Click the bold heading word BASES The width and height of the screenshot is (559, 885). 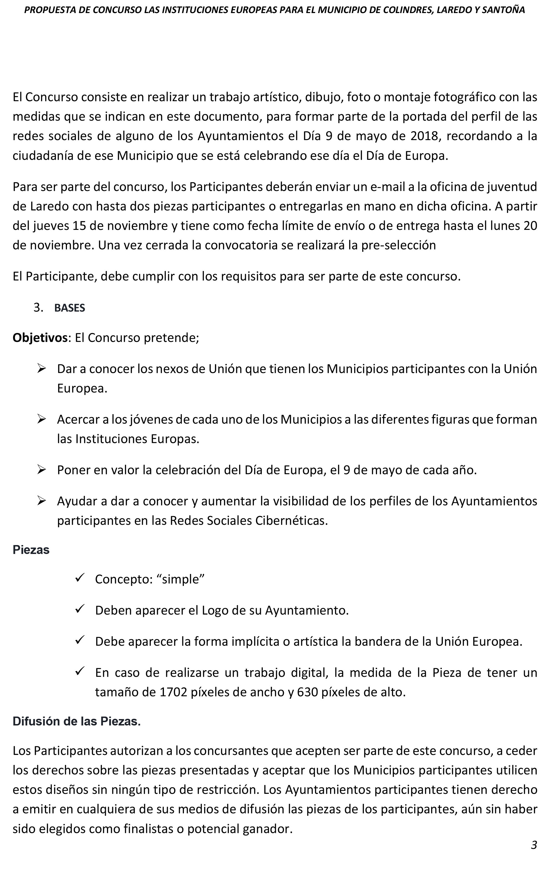point(69,308)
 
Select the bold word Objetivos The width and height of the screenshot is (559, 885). point(40,337)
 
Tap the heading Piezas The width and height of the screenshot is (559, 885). point(31,550)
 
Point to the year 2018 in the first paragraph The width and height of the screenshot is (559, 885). point(424,136)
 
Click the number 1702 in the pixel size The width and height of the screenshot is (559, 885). point(174,692)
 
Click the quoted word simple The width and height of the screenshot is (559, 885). point(180,579)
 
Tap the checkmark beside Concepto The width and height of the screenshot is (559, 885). point(80,578)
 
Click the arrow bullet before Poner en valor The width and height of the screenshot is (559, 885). point(41,469)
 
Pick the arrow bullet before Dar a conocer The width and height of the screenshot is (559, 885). point(41,368)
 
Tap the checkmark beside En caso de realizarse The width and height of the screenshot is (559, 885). point(80,672)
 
